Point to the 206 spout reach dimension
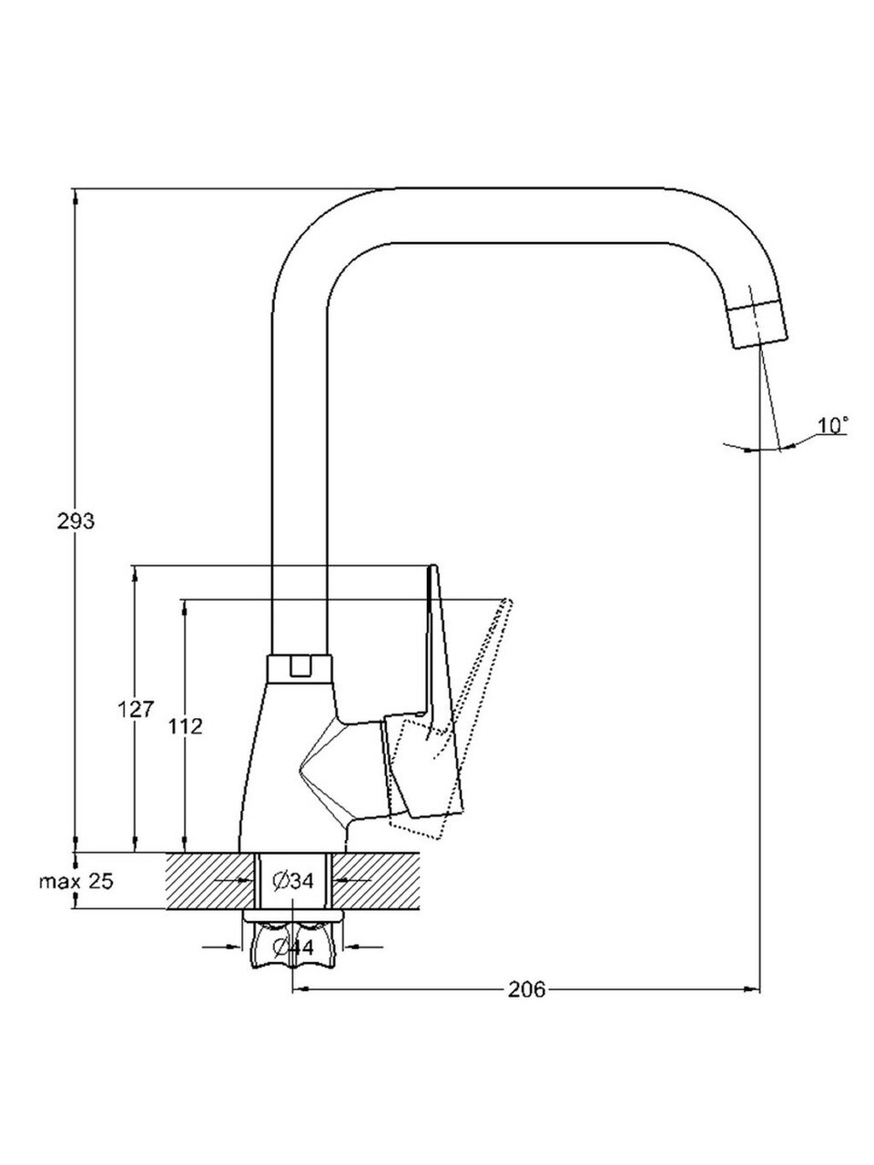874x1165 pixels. [526, 989]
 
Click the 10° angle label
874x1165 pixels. [833, 425]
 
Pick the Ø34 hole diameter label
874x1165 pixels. [292, 881]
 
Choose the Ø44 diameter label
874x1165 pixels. [292, 947]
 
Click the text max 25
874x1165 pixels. [76, 881]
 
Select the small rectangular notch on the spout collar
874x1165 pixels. [299, 666]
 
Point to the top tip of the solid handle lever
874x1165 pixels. [432, 569]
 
